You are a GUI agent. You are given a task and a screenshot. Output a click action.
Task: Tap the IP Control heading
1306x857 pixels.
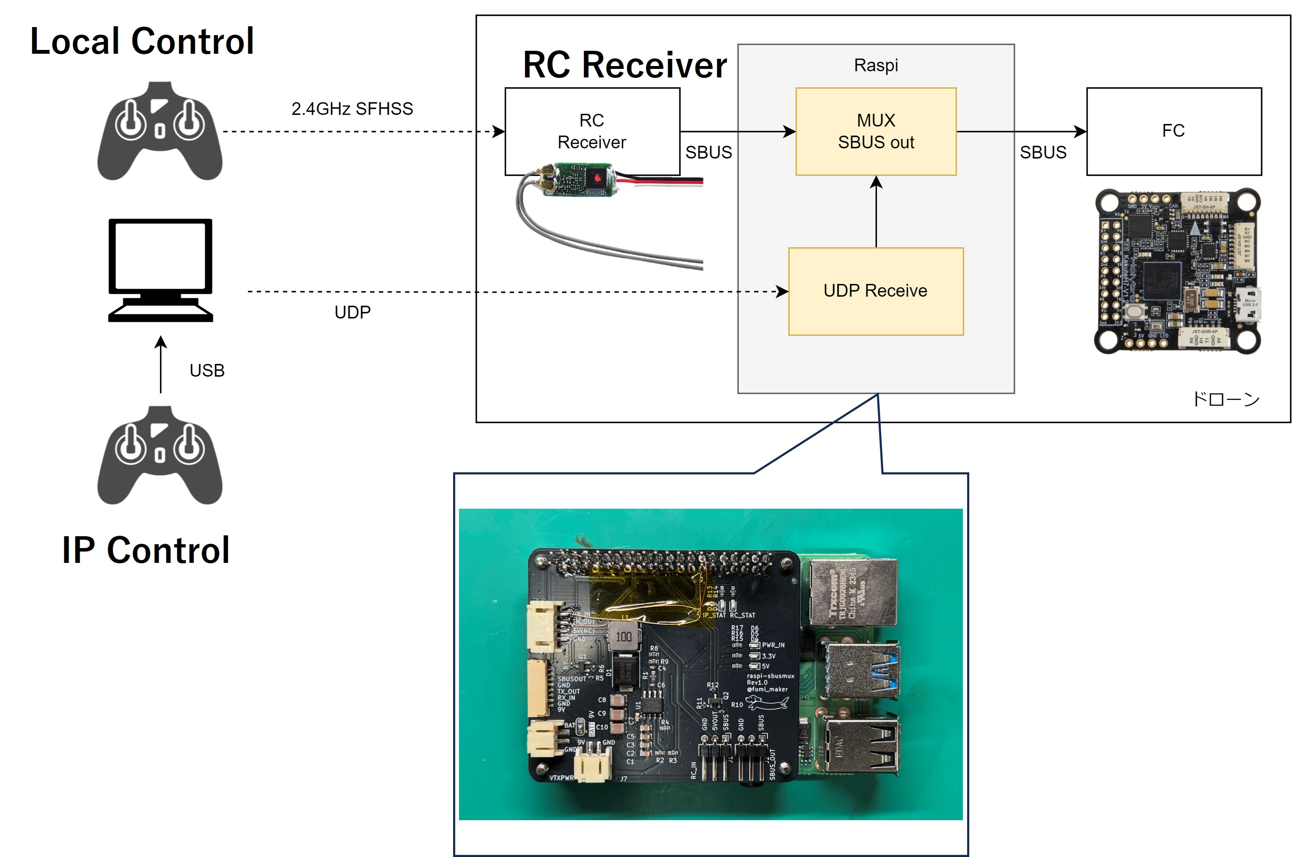pos(146,550)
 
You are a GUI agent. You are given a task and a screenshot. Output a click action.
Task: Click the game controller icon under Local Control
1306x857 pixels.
pos(159,131)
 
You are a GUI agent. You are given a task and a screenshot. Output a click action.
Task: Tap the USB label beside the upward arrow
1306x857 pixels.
pos(207,371)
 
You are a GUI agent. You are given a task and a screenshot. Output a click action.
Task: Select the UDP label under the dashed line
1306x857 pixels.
pos(352,312)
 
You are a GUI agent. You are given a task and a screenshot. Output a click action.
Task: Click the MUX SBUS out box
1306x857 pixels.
pos(876,132)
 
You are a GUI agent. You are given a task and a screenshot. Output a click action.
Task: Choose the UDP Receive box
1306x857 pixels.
pos(876,291)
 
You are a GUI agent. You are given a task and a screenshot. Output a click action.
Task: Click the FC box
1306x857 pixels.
pos(1174,131)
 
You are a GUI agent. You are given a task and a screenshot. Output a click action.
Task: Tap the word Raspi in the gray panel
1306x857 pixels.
pos(876,65)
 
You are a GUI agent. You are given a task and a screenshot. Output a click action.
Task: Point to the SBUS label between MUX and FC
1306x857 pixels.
pos(1042,152)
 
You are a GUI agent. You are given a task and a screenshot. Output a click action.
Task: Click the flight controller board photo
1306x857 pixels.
pos(1177,271)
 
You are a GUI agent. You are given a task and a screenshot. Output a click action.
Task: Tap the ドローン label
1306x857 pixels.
pos(1226,399)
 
